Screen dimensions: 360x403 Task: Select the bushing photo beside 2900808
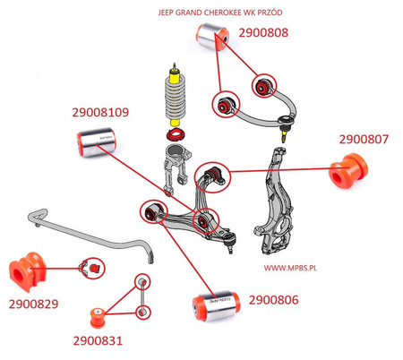pos(213,37)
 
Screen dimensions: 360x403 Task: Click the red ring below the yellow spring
pos(174,136)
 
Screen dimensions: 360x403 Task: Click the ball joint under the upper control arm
pos(285,133)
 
